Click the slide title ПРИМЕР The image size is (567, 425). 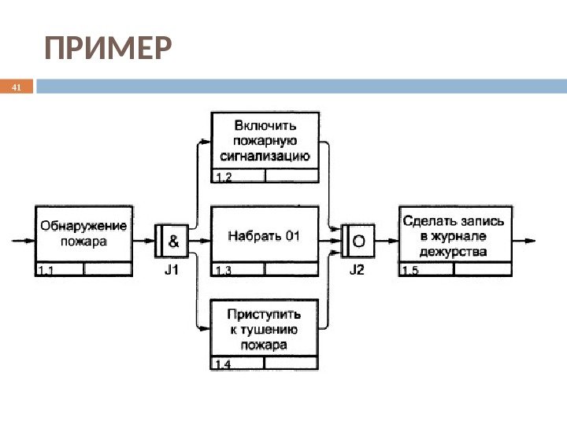(107, 50)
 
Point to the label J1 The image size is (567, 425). (171, 269)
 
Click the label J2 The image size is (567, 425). (357, 269)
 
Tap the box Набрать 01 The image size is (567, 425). (265, 235)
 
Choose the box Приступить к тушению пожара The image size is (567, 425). (265, 329)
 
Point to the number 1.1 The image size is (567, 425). (46, 270)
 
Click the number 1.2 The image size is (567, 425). (225, 178)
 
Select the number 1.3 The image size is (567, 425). (225, 271)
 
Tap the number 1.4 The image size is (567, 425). (225, 364)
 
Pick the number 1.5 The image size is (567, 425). (411, 271)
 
